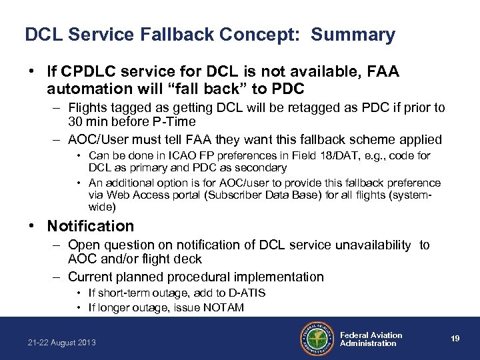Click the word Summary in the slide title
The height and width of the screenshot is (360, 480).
pyautogui.click(x=353, y=35)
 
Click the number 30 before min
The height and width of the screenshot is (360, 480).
pyautogui.click(x=75, y=121)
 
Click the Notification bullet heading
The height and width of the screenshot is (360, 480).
pyautogui.click(x=91, y=226)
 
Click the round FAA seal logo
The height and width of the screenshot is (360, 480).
pyautogui.click(x=315, y=339)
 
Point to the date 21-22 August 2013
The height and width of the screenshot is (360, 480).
pyautogui.click(x=62, y=343)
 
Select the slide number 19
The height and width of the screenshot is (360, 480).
pyautogui.click(x=455, y=339)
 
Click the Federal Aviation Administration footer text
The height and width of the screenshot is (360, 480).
pyautogui.click(x=371, y=339)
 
